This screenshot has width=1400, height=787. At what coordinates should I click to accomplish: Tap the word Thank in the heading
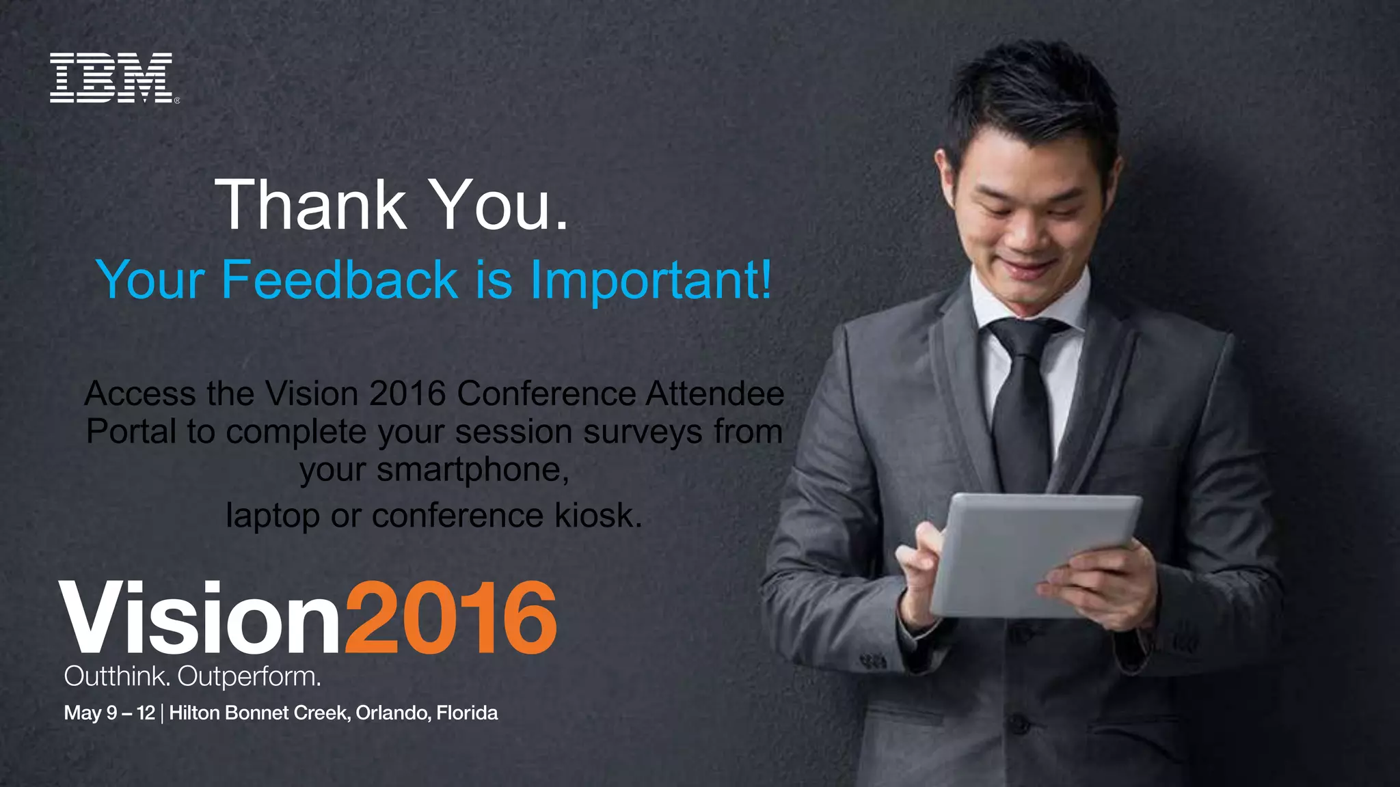[x=311, y=205]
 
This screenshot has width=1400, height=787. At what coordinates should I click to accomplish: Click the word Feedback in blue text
[x=339, y=280]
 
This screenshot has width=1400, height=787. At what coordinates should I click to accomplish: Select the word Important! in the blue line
[x=651, y=280]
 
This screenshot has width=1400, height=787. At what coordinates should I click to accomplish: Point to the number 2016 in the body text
[x=407, y=394]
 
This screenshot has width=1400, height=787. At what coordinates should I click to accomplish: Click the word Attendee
[x=714, y=394]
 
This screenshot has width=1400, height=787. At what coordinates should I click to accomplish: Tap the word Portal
[x=131, y=432]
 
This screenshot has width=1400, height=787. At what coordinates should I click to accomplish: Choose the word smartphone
[x=472, y=470]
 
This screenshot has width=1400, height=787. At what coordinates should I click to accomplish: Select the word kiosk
[x=598, y=516]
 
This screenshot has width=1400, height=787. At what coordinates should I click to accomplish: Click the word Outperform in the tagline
[x=249, y=677]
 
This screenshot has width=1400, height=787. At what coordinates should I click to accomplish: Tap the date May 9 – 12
[x=109, y=713]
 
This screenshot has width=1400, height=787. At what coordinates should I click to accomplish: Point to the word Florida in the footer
[x=467, y=713]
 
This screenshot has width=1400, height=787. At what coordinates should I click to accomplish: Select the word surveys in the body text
[x=643, y=432]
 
